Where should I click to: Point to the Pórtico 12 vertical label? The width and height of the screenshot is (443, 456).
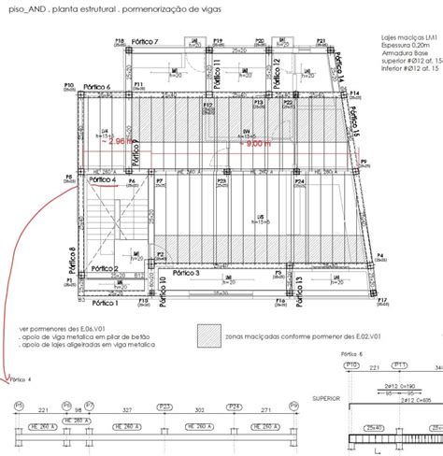pyautogui.click(x=277, y=73)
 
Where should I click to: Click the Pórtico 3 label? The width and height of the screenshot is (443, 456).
pyautogui.click(x=185, y=273)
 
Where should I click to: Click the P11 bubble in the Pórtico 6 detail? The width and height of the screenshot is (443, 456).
pyautogui.click(x=399, y=365)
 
